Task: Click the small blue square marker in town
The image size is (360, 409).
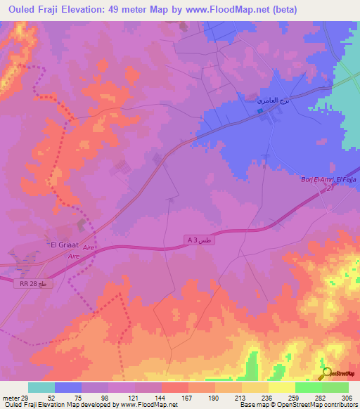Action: point(259,110)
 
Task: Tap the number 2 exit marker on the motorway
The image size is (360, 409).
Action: point(328,189)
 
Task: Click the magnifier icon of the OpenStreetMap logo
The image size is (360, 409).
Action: point(326,373)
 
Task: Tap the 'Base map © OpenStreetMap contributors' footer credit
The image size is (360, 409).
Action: point(297,405)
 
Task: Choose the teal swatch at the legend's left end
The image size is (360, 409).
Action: point(41,387)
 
